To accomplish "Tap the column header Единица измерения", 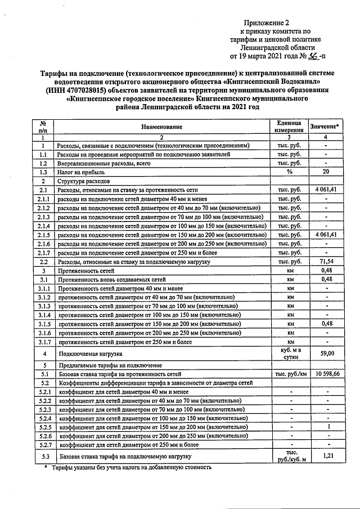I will point(289,127).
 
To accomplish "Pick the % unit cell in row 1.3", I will point(289,172).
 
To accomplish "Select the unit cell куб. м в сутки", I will point(289,353).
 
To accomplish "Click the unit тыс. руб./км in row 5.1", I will point(289,373).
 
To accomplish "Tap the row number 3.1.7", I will point(42,341).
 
